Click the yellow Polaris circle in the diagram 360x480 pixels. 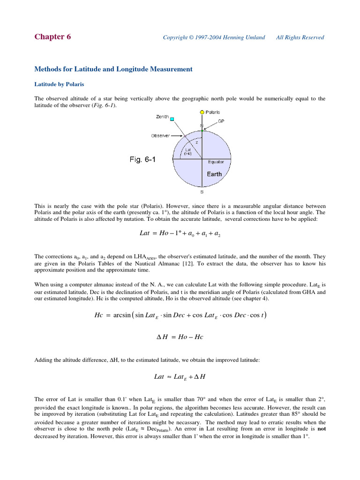point(202,112)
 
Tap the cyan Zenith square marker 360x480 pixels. point(172,120)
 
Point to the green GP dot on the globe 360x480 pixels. point(202,130)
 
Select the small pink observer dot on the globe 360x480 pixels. point(185,136)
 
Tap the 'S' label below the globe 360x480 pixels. point(202,192)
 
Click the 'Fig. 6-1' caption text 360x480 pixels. point(142,160)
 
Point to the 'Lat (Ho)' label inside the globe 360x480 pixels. point(187,152)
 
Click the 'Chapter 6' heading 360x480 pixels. point(53,37)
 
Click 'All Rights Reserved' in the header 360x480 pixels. point(300,38)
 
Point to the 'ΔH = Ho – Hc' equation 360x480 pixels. point(180,337)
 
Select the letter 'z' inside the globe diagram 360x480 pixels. point(197,142)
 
